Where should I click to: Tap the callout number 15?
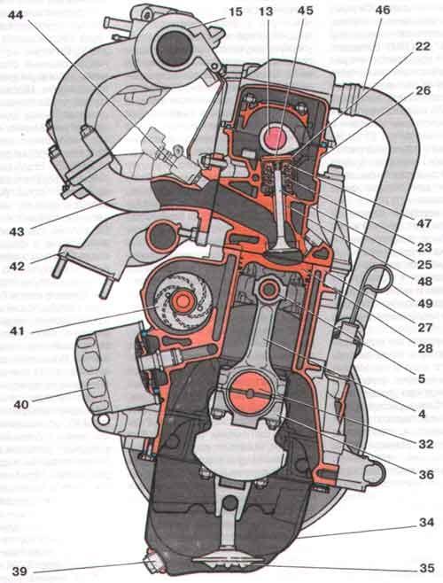point(233,12)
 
